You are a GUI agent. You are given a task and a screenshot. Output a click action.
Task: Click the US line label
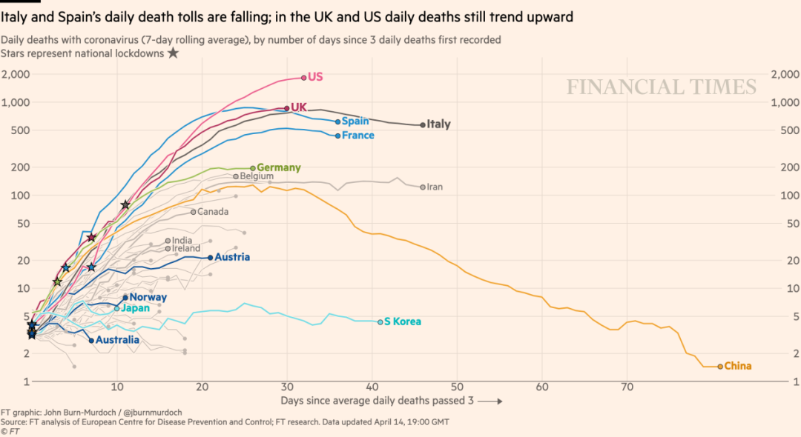point(315,77)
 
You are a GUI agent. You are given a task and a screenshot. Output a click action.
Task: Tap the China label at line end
point(737,366)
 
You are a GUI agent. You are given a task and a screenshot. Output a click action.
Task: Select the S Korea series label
point(403,321)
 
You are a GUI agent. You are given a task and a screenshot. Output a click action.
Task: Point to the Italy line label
point(438,124)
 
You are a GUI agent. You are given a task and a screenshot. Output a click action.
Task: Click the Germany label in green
point(279,168)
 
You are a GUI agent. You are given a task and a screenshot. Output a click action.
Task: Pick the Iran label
point(435,187)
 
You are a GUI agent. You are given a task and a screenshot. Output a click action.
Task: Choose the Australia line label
point(118,340)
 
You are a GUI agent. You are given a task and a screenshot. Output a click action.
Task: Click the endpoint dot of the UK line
point(287,108)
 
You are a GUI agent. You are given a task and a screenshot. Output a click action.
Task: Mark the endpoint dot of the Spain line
point(337,121)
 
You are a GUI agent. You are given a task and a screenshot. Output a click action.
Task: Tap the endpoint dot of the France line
point(337,136)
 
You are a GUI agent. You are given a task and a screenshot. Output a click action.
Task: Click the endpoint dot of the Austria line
point(211,258)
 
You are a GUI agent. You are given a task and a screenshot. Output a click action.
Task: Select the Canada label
point(213,212)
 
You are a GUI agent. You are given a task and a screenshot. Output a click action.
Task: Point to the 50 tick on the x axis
point(457,387)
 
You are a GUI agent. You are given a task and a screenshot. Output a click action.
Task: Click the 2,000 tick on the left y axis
point(16,74)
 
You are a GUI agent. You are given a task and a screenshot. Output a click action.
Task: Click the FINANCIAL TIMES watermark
point(662,87)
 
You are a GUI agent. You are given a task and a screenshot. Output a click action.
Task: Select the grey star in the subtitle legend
point(173,53)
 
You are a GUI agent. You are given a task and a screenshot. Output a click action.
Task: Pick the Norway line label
point(148,297)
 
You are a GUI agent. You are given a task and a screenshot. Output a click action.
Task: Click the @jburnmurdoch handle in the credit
point(142,412)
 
